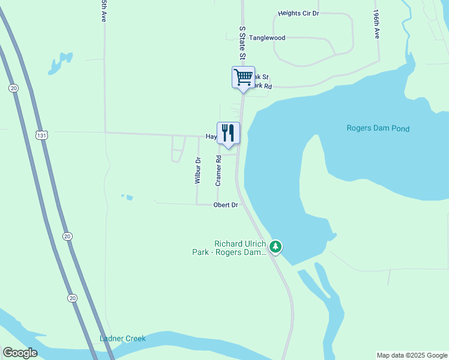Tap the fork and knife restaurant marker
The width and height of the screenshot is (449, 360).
coord(228,133)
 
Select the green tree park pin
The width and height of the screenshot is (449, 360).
coord(276,247)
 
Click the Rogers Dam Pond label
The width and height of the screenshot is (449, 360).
coord(378,128)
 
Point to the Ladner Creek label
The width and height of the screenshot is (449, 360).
coord(122,338)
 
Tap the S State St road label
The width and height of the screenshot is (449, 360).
coord(243,43)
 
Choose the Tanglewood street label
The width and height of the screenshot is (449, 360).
coord(267,38)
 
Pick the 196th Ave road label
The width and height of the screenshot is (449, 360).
coord(377,24)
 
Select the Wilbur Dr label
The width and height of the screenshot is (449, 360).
coord(197,170)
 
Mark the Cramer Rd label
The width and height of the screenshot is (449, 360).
coord(219,170)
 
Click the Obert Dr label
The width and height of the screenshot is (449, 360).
coord(226,205)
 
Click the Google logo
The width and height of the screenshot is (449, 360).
coord(20,353)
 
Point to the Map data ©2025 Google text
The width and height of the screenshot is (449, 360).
coord(412,355)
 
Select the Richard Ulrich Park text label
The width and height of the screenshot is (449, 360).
coord(240,248)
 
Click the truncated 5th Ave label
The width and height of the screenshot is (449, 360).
coord(104,11)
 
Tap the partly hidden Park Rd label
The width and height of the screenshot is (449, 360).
coord(262,86)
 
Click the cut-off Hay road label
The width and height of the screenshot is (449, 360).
coord(211,137)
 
